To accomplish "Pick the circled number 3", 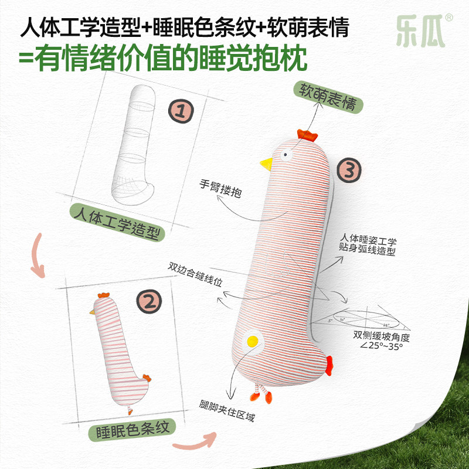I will [x=349, y=171].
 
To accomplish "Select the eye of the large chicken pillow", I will [x=287, y=155].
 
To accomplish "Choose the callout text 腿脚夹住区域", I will [x=226, y=414].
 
